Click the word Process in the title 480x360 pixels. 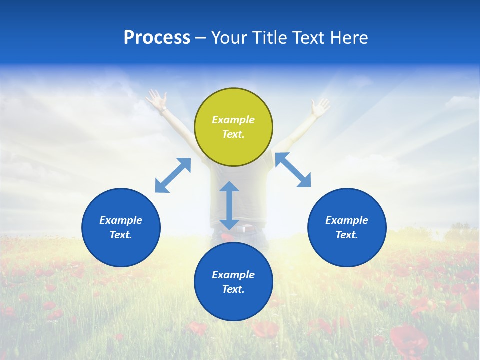point(157,38)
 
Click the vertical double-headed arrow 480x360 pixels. point(229,205)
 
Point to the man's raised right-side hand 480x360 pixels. point(320,106)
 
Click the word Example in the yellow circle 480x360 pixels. point(233,120)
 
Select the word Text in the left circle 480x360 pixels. point(121,235)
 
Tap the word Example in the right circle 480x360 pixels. point(347,220)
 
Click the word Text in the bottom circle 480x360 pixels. point(233,289)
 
